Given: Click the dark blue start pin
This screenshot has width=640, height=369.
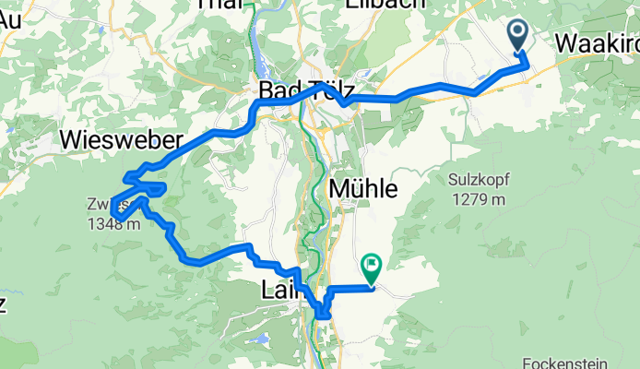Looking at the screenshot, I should [x=517, y=36].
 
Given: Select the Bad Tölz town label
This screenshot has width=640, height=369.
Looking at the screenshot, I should [x=307, y=89].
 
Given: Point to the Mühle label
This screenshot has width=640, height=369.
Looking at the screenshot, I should [x=363, y=189].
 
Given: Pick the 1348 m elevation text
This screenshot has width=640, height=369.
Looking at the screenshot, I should [x=116, y=223].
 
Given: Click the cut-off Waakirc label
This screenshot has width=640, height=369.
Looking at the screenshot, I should [x=598, y=42].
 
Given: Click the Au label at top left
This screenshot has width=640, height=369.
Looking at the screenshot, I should [x=11, y=19].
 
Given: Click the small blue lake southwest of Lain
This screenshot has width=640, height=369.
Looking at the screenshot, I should [x=260, y=339].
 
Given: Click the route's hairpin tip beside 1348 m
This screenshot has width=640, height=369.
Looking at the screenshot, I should [x=113, y=214].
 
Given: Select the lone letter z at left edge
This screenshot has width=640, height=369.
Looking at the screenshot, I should [x=4, y=305].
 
